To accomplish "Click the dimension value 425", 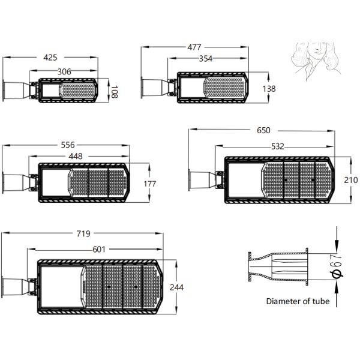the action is tap(50, 58).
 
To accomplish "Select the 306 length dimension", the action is tap(64, 71).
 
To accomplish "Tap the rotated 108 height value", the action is tap(115, 92).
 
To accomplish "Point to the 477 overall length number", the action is tap(194, 47).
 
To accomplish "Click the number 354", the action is tap(205, 59).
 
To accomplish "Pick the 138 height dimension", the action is tap(269, 89).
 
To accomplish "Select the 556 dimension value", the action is tap(68, 145).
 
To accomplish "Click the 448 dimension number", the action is tap(76, 157).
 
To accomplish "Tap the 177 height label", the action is tap(149, 184).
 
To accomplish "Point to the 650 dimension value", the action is tap(263, 130).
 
